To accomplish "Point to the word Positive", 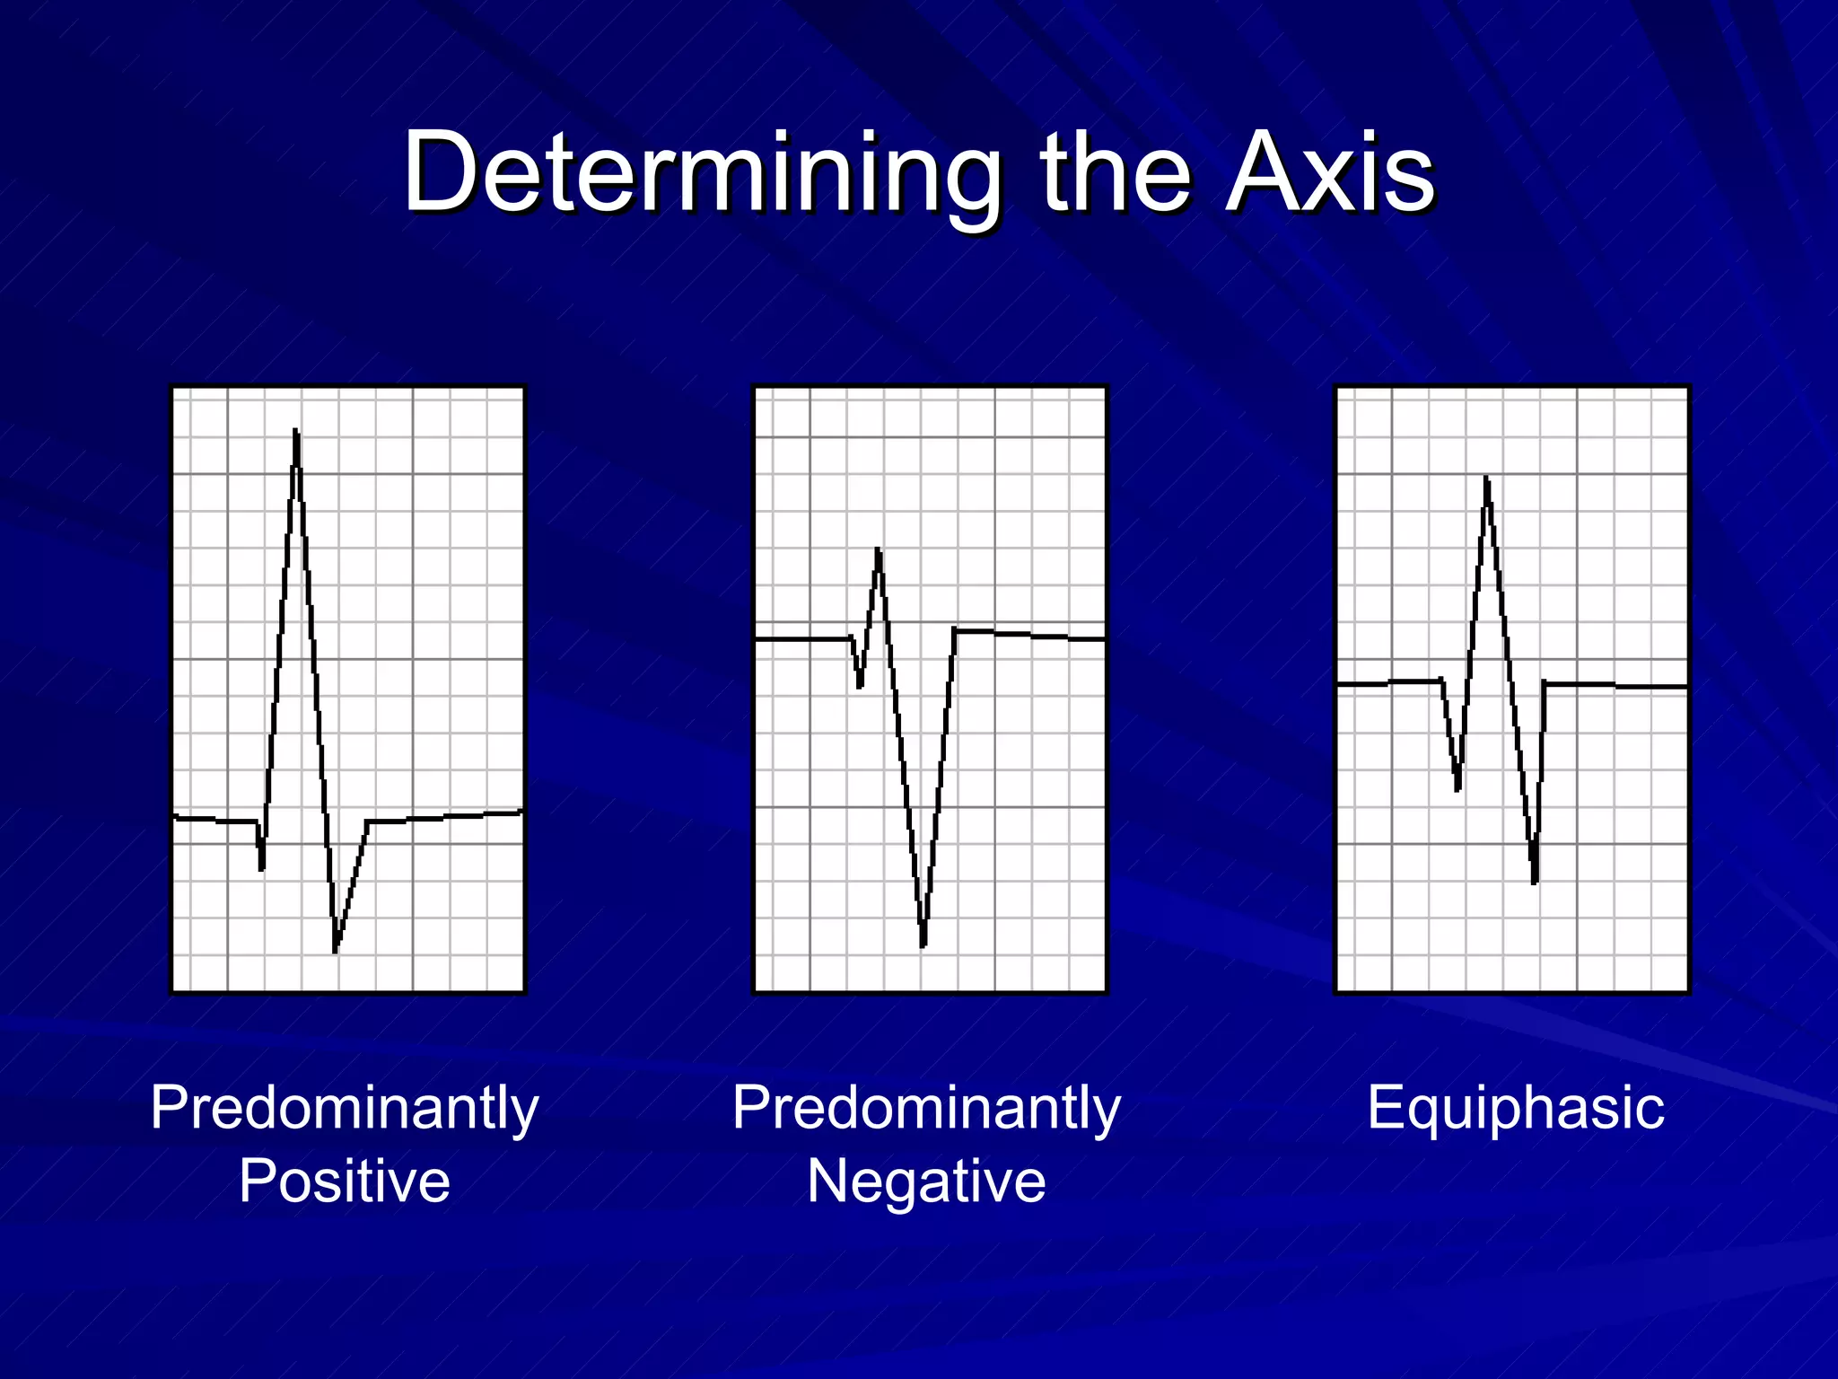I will coord(345,1181).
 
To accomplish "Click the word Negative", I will coord(926,1181).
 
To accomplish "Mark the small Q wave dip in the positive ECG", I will coord(261,866).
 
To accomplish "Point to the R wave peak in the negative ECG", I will coord(878,551).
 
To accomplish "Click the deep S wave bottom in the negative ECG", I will coord(923,943).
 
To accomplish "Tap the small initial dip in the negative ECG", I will coord(860,685).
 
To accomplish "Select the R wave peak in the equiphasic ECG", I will coord(1487,480).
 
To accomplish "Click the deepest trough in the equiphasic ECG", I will coord(1534,880).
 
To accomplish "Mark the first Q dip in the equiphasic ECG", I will coord(1457,787).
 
